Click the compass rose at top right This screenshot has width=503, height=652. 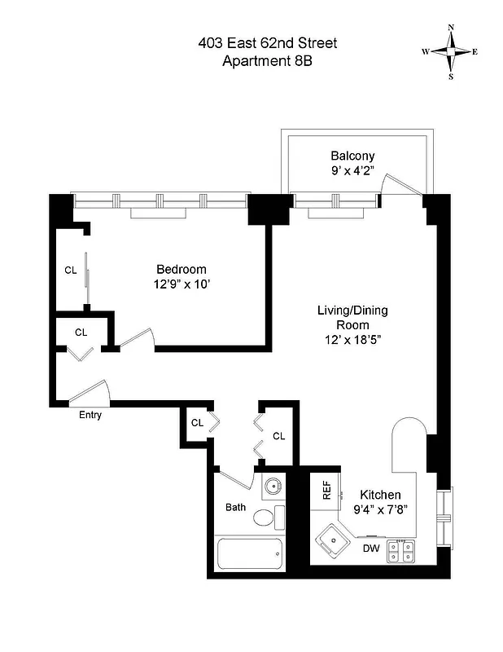[450, 51]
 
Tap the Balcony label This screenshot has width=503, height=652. [352, 156]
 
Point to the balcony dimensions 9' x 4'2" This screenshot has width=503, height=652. [352, 171]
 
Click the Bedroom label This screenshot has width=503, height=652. [181, 269]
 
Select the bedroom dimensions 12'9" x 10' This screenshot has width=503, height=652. [181, 284]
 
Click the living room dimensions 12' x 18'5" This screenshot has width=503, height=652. [352, 340]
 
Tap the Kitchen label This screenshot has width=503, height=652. [381, 495]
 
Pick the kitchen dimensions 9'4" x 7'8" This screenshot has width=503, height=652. [381, 509]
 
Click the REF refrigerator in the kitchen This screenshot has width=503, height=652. [326, 491]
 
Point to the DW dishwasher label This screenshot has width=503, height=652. [371, 548]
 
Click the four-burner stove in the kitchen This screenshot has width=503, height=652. [401, 552]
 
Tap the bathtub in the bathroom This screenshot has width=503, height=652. [250, 557]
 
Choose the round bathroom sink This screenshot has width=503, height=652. [273, 487]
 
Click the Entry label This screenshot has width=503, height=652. [90, 415]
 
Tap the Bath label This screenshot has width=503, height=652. [236, 507]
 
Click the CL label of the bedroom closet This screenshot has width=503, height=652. [71, 271]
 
